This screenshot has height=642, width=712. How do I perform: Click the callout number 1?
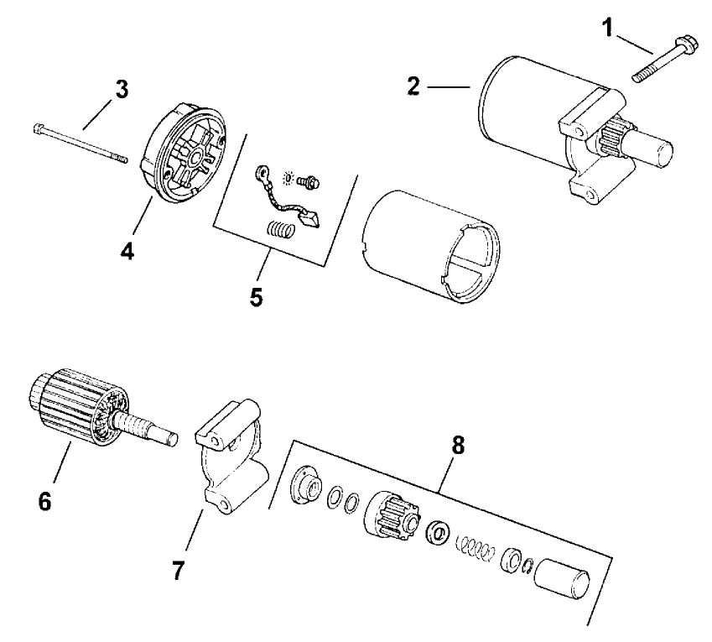click(607, 28)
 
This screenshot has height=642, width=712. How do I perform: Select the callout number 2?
click(413, 86)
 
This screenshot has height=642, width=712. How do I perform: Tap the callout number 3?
click(122, 90)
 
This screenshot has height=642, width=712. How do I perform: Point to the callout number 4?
click(127, 250)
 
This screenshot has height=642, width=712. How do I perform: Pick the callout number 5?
click(256, 297)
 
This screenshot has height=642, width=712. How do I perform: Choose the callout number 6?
click(44, 501)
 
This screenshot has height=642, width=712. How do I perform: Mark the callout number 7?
click(178, 570)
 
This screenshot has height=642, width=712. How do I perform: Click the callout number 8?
click(458, 446)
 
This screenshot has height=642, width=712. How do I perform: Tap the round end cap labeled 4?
click(184, 152)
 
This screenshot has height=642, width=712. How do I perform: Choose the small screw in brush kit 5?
click(309, 182)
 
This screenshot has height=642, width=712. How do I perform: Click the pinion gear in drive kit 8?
click(393, 515)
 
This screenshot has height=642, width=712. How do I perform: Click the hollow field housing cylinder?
click(431, 247)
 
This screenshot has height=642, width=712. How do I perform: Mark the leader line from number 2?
click(449, 86)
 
